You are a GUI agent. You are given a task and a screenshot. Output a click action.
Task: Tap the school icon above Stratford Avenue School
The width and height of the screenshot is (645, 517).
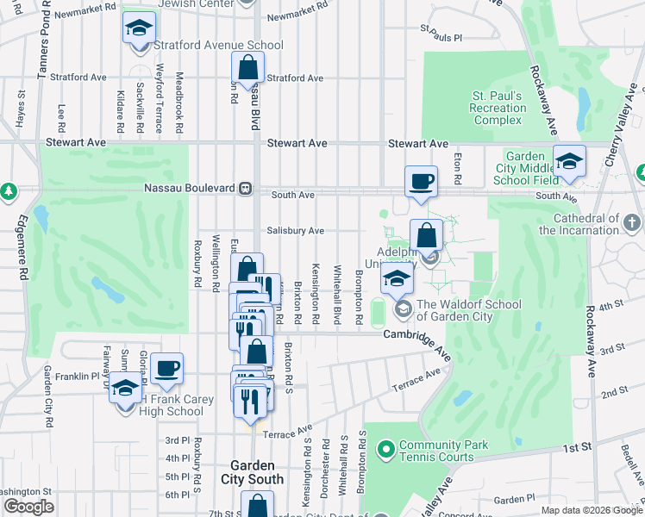[137, 30]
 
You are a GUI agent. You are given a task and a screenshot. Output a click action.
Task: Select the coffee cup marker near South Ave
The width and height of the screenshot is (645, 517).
[421, 182]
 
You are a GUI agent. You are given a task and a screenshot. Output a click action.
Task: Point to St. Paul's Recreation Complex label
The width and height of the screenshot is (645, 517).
[498, 108]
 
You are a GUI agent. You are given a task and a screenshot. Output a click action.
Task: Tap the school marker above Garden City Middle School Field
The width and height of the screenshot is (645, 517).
[569, 161]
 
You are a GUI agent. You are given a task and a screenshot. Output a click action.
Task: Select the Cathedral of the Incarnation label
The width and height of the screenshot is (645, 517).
[592, 225]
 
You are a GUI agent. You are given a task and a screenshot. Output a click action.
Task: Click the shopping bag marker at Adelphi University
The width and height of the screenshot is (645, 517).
[426, 235]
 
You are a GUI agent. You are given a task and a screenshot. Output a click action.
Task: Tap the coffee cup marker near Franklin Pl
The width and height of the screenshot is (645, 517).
[166, 369]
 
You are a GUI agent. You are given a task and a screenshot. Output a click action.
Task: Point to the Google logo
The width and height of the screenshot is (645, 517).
[28, 507]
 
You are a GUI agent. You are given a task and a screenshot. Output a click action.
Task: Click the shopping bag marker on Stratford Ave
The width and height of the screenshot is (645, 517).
[247, 68]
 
